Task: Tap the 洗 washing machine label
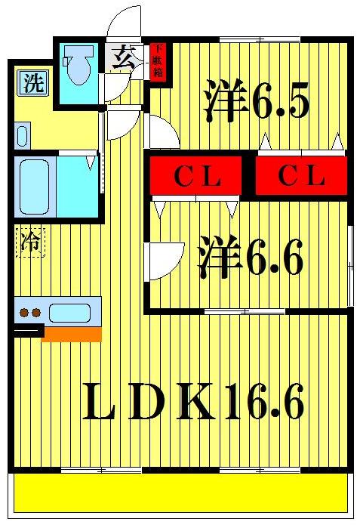pos(34,83)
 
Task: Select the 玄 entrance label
pos(123,58)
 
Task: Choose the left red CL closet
pos(195,175)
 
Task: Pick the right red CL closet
pos(301,175)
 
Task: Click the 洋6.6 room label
pos(251,256)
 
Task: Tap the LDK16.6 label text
pos(193,401)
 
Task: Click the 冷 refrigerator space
pos(30,242)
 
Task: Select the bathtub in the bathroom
pos(35,187)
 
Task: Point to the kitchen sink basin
pos(70,313)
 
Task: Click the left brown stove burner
pos(24,313)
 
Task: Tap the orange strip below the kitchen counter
pos(71,335)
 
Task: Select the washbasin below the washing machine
pos(22,136)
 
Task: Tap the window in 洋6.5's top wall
pos(260,39)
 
